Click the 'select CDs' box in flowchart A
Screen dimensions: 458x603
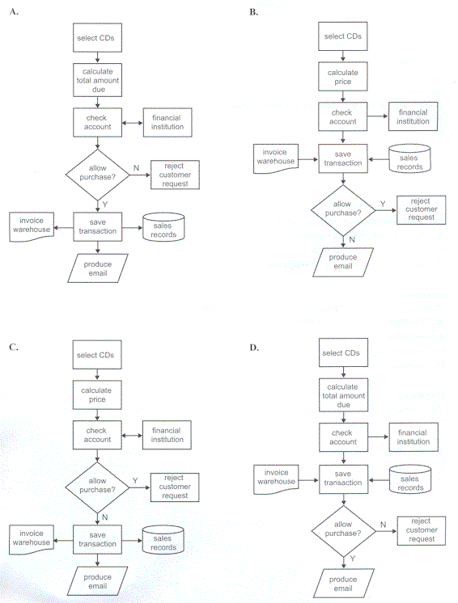(x=97, y=38)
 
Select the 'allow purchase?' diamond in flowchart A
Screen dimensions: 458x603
(x=97, y=175)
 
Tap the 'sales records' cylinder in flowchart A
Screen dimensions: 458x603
(x=163, y=227)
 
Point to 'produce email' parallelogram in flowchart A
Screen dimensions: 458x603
(x=98, y=268)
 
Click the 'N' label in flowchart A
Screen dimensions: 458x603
(x=136, y=168)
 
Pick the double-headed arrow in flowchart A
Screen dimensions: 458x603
(x=133, y=123)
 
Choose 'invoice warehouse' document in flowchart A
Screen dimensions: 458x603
(x=32, y=227)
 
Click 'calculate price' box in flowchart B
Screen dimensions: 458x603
(x=343, y=77)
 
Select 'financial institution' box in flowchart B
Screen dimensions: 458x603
(x=413, y=116)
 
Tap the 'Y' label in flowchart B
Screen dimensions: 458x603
(x=383, y=204)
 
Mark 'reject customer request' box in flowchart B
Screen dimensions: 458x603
(x=421, y=210)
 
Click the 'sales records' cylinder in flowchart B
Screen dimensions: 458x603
(x=409, y=158)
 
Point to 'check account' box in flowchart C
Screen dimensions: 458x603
(x=97, y=435)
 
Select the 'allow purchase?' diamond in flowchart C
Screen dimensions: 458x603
(x=97, y=487)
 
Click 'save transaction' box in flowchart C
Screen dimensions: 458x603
(x=97, y=539)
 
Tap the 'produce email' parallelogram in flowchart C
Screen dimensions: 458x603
(x=97, y=581)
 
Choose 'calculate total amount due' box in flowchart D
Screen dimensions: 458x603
(x=343, y=395)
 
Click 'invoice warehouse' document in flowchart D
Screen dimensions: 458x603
(x=276, y=479)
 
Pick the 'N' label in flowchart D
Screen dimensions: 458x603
(x=383, y=525)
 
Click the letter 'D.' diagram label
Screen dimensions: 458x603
(x=254, y=348)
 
